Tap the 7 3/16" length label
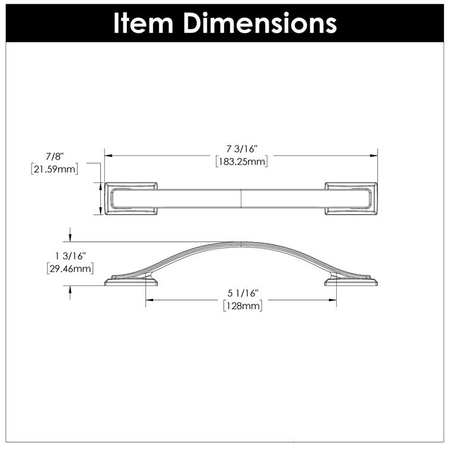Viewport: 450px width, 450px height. click(241, 150)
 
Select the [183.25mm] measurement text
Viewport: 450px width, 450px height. click(241, 162)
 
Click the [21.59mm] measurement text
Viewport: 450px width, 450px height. click(54, 169)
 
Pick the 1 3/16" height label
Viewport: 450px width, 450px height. click(70, 256)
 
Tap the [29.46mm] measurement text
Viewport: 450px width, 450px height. click(70, 269)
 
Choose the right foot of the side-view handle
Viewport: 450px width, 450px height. click(351, 281)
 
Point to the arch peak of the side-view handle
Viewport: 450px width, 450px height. click(241, 243)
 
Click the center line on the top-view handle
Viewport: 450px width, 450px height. click(241, 197)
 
